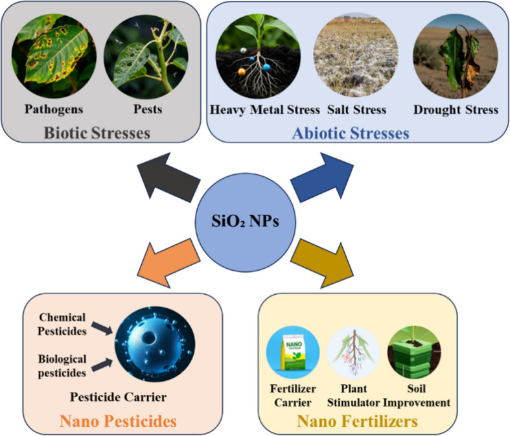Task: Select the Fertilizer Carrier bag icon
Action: point(292,353)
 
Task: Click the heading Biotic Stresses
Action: point(97,133)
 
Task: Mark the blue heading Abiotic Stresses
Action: point(351,134)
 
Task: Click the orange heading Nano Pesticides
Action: point(118,421)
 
